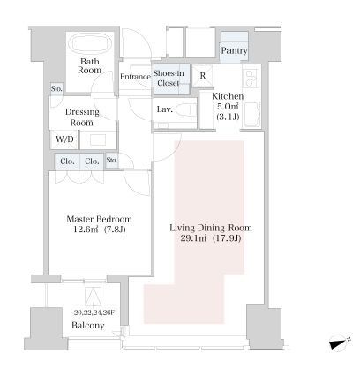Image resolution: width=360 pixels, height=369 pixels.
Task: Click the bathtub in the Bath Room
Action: coord(91,43)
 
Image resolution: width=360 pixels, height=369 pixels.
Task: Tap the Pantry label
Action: coord(234,50)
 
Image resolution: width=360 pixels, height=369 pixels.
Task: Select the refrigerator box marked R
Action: coord(202,76)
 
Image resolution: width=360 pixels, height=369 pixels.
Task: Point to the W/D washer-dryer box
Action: coord(64,139)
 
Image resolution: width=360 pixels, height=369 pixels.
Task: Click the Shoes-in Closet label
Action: coord(169,78)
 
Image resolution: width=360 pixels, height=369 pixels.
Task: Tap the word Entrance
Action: coord(135,77)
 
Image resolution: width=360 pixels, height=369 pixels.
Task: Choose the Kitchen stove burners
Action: coord(251,79)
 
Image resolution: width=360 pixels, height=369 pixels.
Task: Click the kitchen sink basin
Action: coord(251,114)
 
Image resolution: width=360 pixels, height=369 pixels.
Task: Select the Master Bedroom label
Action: coord(99,219)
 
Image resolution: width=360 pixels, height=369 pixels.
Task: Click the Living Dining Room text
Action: coord(211,228)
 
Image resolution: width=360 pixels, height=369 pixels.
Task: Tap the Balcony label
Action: coord(88,326)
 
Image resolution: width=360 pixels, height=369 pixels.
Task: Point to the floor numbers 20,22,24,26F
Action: coord(94,313)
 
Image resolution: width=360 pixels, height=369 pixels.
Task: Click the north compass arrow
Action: coord(341,343)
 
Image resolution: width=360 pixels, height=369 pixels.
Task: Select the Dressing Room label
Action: coord(82,117)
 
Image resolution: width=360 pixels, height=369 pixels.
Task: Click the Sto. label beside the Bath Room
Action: coord(56,88)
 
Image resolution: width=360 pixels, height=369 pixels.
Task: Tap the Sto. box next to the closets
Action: coord(112,161)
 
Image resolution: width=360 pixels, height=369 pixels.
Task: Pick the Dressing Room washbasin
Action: coord(98,139)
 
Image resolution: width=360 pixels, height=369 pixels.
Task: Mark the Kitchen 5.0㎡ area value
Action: coord(228,107)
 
